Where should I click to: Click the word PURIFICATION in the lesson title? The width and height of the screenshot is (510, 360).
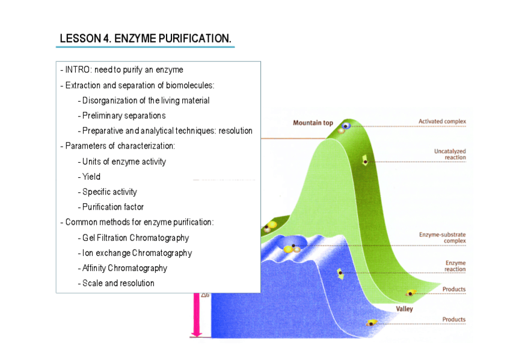pyautogui.click(x=195, y=38)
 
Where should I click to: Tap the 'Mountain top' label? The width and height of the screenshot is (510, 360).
pyautogui.click(x=313, y=123)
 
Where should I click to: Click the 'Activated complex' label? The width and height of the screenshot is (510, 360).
pyautogui.click(x=442, y=121)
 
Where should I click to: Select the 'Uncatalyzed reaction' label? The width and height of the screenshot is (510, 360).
pyautogui.click(x=450, y=154)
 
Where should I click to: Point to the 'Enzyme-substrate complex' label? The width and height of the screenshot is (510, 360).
pyautogui.click(x=443, y=237)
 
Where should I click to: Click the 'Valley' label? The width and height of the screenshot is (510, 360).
pyautogui.click(x=404, y=309)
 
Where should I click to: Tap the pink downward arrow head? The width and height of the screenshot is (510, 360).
pyautogui.click(x=197, y=334)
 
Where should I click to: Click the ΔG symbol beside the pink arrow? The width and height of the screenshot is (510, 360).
pyautogui.click(x=205, y=295)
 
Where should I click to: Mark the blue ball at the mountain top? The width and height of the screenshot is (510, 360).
pyautogui.click(x=346, y=126)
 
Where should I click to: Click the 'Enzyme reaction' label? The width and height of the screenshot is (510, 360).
pyautogui.click(x=455, y=266)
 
